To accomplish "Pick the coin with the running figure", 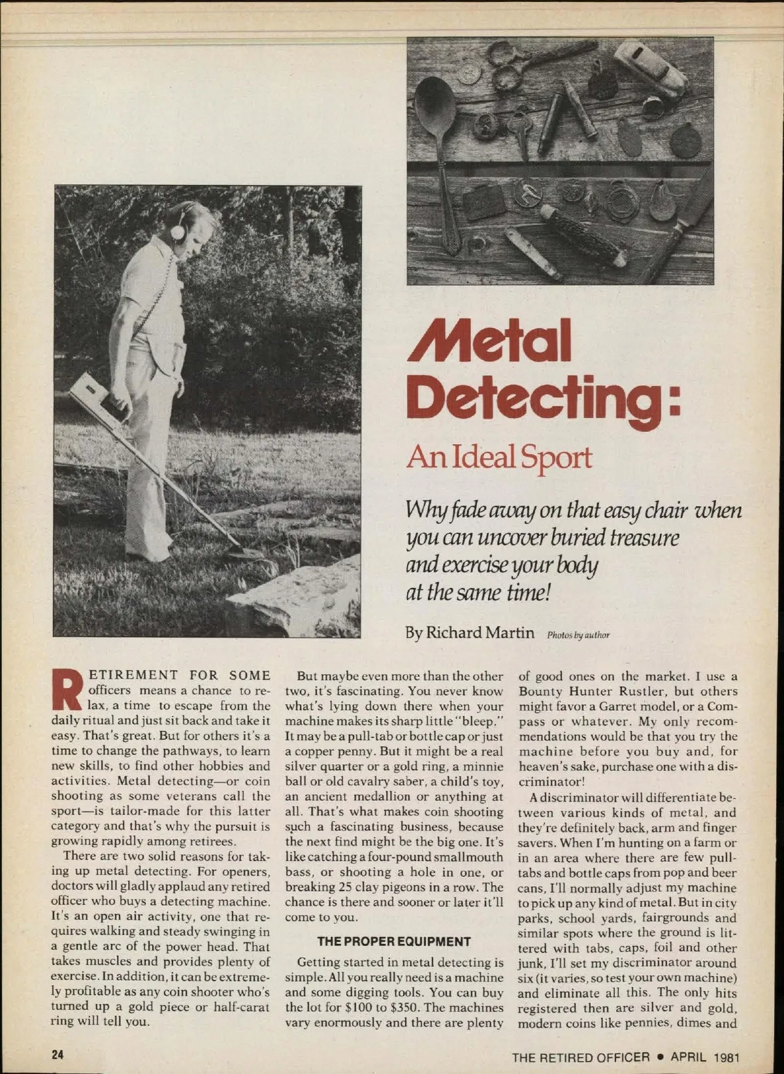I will [x=527, y=192].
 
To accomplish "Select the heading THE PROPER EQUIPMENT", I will [x=394, y=941].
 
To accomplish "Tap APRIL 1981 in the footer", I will [x=706, y=1056].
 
